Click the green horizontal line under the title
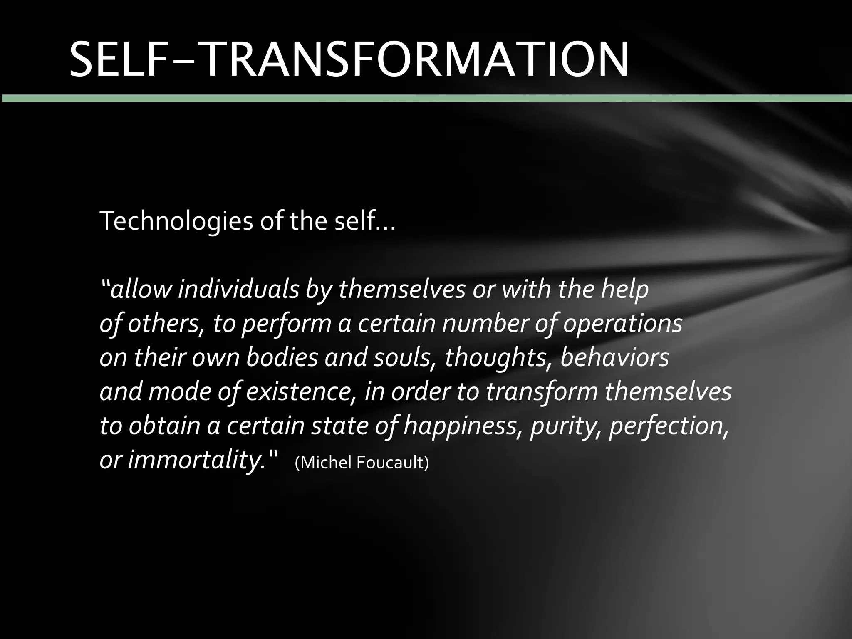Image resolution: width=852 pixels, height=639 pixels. [426, 98]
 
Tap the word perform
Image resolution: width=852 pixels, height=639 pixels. [286, 324]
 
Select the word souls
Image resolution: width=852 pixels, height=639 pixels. [401, 358]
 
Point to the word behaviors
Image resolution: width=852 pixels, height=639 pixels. [614, 358]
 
